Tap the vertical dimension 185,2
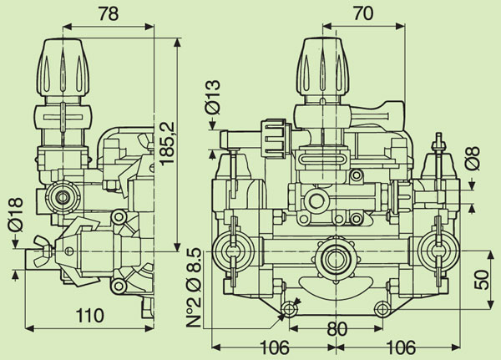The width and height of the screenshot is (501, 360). [170, 145]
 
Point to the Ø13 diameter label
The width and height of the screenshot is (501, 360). [211, 99]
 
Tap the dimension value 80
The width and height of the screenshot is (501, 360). [337, 329]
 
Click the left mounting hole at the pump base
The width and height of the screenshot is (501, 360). [289, 310]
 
